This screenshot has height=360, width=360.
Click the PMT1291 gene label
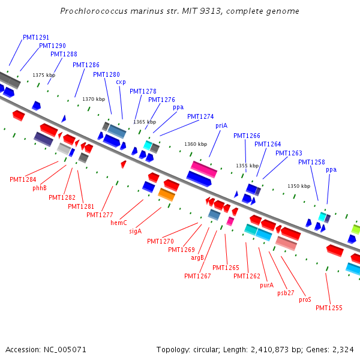36,37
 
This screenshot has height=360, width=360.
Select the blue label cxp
121,82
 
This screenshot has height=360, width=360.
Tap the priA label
221,125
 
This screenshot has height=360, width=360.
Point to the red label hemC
119,223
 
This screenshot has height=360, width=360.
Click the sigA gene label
136,231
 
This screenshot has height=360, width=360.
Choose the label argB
197,257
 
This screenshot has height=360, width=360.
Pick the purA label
266,286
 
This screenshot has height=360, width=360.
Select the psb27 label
286,293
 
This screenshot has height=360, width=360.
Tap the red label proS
305,299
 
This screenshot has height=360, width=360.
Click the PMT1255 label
329,308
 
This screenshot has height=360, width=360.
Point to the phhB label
40,188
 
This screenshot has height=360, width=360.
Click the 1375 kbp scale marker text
44,75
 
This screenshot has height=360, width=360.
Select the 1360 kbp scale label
196,144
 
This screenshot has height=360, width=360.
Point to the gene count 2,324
343,349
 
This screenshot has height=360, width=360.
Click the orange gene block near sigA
166,194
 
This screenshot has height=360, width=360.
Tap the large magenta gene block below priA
204,169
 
